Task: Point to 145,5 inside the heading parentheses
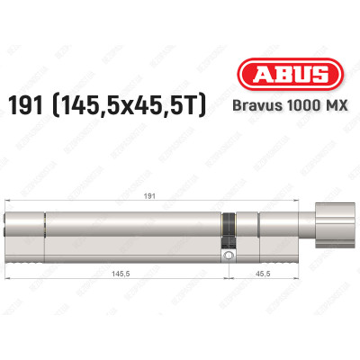coord(116,106)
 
